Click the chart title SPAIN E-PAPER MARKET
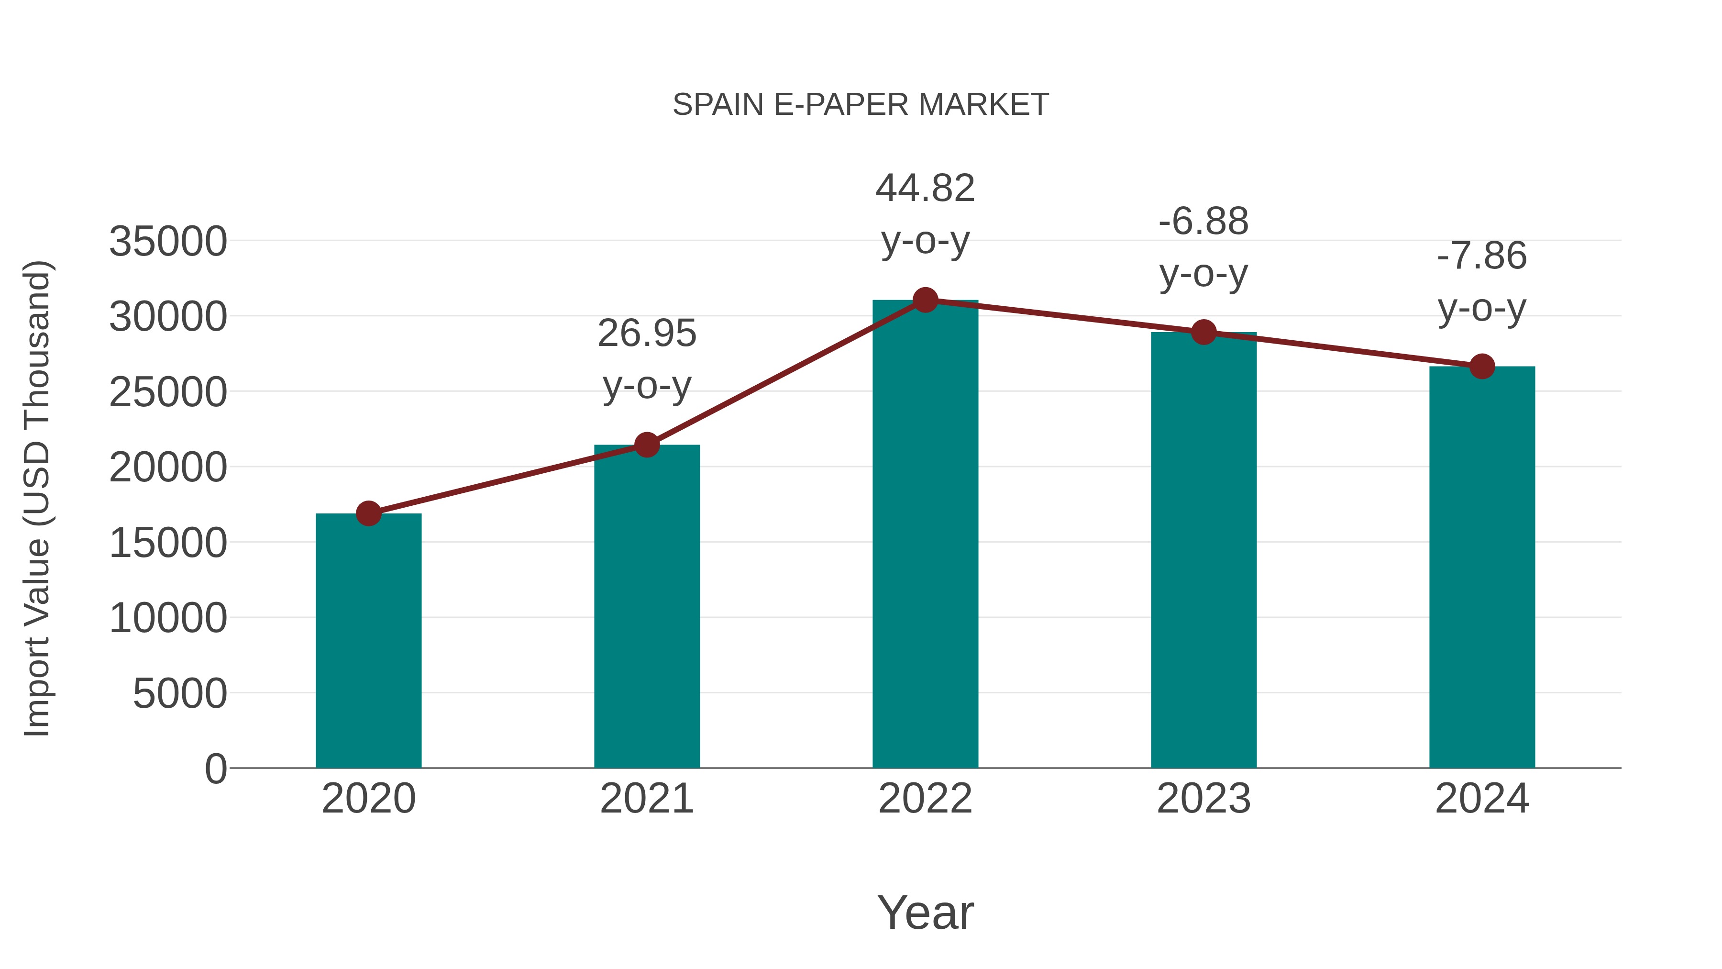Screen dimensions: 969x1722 coord(861,105)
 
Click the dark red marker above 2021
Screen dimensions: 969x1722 coord(646,445)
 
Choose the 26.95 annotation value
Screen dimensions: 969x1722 coord(646,333)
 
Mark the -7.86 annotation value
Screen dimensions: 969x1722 coord(1482,256)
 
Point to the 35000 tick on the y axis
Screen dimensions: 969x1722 coord(168,242)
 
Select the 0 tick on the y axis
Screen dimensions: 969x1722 coord(216,769)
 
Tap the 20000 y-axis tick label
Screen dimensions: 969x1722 coord(168,468)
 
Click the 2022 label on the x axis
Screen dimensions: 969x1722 coord(925,799)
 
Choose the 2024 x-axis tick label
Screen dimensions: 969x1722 coord(1482,799)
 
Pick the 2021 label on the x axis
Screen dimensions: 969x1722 coord(646,799)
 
